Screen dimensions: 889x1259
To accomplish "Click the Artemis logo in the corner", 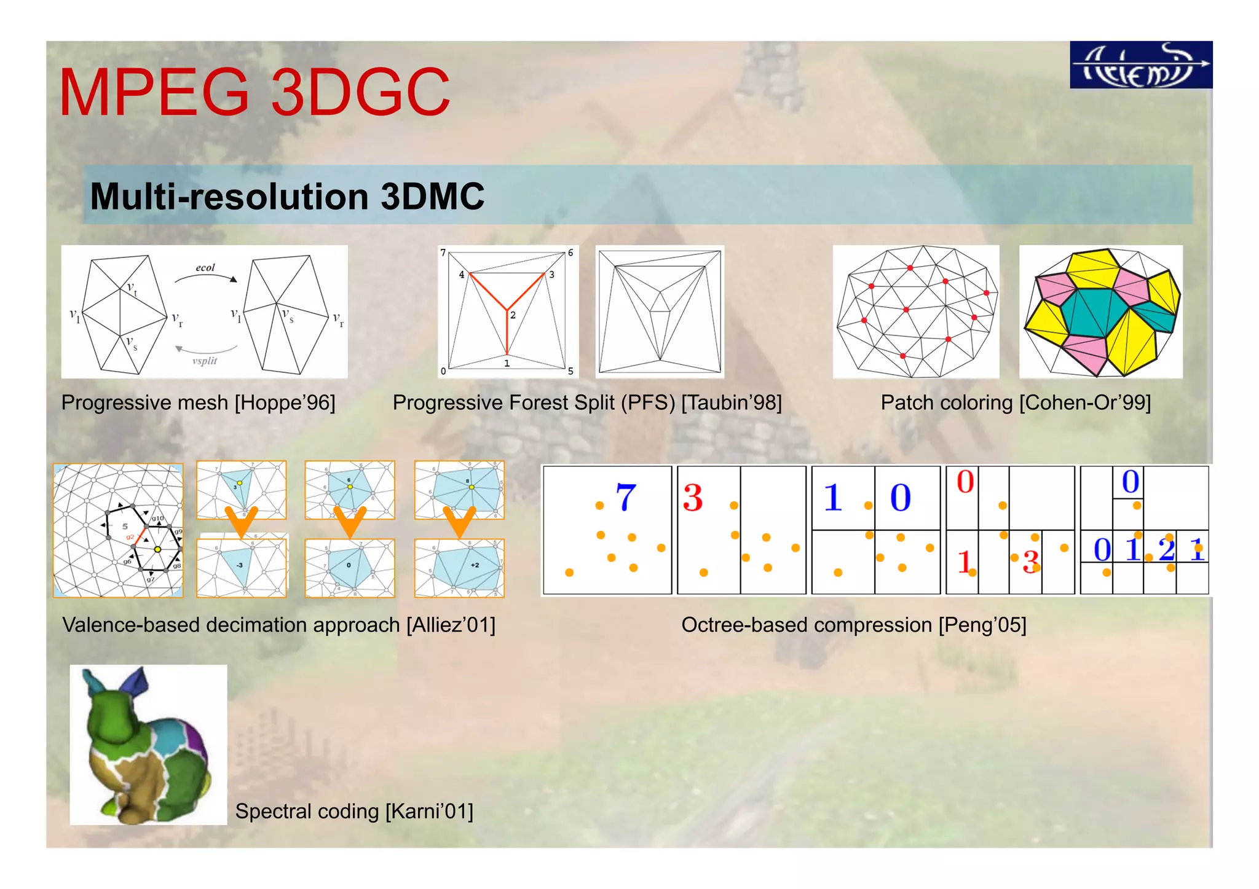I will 1140,65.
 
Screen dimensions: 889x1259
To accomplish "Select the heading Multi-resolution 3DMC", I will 287,197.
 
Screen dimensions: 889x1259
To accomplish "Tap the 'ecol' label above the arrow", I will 205,268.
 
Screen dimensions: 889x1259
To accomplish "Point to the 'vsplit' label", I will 205,361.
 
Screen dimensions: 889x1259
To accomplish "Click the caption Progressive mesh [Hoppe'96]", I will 198,402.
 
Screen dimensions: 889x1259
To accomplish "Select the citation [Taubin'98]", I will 732,402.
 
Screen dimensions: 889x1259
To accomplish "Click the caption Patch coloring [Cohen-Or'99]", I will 1016,402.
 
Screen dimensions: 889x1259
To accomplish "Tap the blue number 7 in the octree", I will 626,497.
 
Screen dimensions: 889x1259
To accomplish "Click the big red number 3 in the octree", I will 693,498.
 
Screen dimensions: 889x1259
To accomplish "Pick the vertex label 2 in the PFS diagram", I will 513,315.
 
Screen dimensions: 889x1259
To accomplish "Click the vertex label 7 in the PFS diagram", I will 443,253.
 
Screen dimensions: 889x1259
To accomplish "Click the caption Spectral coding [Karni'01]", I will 354,811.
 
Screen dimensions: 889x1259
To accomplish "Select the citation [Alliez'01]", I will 451,625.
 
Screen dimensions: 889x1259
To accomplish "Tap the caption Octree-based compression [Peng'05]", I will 853,625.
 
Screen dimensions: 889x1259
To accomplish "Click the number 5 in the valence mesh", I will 125,527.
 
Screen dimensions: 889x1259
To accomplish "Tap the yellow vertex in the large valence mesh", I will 158,549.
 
